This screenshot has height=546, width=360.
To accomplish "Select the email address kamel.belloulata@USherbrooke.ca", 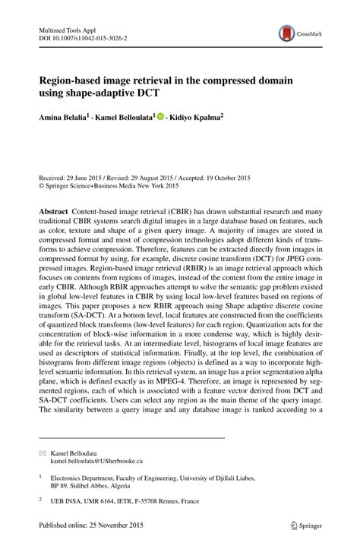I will (96, 461).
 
